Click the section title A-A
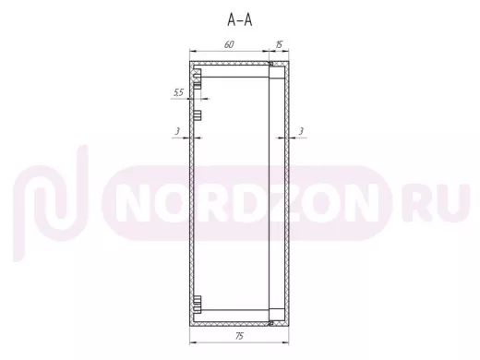tap(240, 20)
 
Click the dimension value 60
tap(229, 44)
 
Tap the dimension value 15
tap(279, 44)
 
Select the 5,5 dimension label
tap(178, 92)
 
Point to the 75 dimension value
tap(239, 336)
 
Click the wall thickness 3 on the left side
tap(177, 131)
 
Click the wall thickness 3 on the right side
tap(301, 131)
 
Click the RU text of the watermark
tap(436, 202)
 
